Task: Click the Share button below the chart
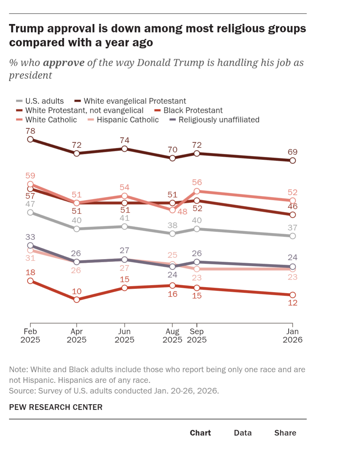click(x=285, y=433)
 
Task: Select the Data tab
click(x=243, y=433)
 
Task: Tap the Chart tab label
click(x=200, y=433)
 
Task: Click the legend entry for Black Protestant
click(x=193, y=110)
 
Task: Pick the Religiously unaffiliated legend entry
click(x=219, y=120)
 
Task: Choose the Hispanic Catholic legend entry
click(x=127, y=120)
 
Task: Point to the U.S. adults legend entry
click(x=44, y=101)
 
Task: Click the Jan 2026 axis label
click(x=292, y=335)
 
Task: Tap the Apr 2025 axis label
click(x=76, y=335)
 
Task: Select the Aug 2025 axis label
click(x=172, y=335)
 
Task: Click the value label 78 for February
click(x=30, y=131)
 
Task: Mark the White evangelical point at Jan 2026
click(x=293, y=161)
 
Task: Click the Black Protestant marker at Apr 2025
click(x=77, y=300)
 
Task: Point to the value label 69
click(x=293, y=152)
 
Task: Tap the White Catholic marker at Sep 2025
click(x=197, y=191)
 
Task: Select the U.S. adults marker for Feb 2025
click(x=30, y=212)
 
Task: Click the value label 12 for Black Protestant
click(x=293, y=303)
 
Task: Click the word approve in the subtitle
click(x=63, y=63)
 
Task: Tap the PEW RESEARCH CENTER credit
click(x=56, y=407)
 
